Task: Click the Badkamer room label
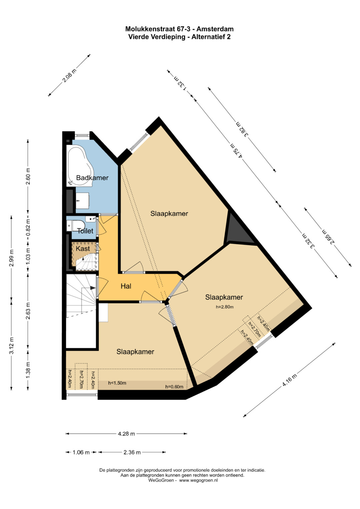coord(92,178)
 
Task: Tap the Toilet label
coord(85,231)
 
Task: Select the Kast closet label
coord(83,249)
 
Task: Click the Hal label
coord(126,286)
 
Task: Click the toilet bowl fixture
coord(76,226)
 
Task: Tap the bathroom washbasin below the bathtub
coord(82,201)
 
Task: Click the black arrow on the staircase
coord(93,288)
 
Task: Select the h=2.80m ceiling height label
coord(225,307)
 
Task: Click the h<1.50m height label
coord(117,383)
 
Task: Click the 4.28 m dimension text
coord(126,434)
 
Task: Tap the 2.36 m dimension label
coord(132,452)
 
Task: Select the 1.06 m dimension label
coord(81,452)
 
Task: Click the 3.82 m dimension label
coord(242,129)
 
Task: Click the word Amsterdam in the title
coord(215,29)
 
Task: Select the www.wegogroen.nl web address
coord(198,480)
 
